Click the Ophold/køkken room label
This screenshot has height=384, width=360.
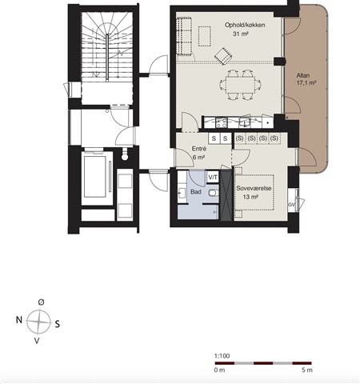[245, 25]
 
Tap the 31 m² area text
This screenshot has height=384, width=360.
[241, 34]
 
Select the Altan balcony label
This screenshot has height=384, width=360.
[303, 75]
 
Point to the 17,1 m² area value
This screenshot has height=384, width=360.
[306, 83]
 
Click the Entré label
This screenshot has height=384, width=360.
[199, 149]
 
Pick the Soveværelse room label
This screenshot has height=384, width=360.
[254, 188]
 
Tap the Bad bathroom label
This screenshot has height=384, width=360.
[196, 192]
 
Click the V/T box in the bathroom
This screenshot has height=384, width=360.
[213, 177]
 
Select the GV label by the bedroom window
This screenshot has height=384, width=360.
[291, 205]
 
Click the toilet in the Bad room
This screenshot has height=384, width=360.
[214, 193]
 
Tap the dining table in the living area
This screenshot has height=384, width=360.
[240, 85]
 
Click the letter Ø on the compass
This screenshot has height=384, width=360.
[41, 302]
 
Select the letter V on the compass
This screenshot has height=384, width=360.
[37, 341]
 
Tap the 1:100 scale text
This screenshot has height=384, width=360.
[222, 356]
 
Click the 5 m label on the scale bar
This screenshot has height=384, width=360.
[307, 370]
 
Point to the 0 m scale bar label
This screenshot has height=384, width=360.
[219, 370]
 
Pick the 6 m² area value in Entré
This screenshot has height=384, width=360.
[198, 158]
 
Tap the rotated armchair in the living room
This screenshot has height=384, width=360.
[223, 56]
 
